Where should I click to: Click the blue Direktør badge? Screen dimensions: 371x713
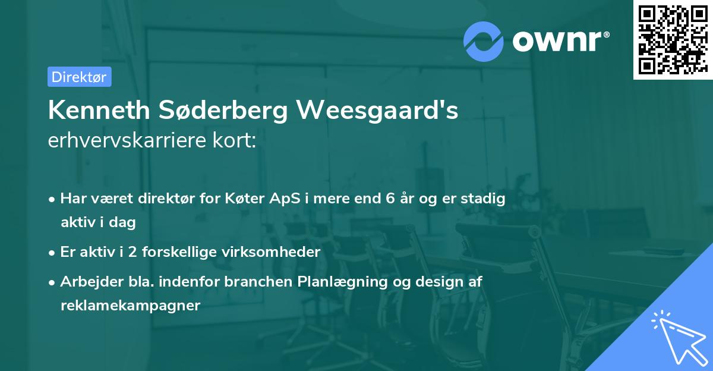point(79,77)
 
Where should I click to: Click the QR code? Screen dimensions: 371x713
point(671,39)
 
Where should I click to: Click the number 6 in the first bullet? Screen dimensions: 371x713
point(383,199)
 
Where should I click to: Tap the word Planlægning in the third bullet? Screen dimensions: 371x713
point(341,282)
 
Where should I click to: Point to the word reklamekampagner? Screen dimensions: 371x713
point(130,306)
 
